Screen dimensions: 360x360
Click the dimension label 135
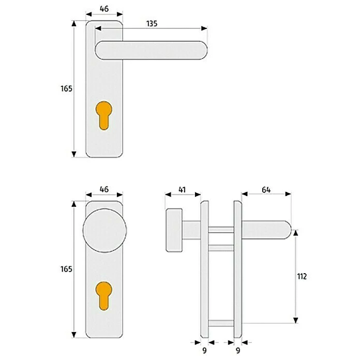[151, 23]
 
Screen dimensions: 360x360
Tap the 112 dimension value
[302, 276]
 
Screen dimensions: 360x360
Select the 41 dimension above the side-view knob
[182, 190]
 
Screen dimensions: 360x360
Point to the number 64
[266, 190]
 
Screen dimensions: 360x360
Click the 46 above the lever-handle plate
[104, 9]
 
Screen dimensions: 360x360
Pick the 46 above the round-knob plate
[104, 190]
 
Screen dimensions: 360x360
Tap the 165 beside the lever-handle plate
[66, 88]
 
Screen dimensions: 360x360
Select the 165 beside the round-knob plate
[66, 269]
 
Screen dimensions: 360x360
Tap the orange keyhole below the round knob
[104, 295]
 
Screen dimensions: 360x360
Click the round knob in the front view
[104, 231]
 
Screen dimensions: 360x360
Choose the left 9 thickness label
[204, 350]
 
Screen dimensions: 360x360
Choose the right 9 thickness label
[237, 350]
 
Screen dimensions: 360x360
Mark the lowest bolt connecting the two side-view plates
[221, 324]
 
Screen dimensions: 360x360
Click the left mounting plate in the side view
[204, 269]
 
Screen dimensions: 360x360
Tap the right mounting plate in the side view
[237, 269]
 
